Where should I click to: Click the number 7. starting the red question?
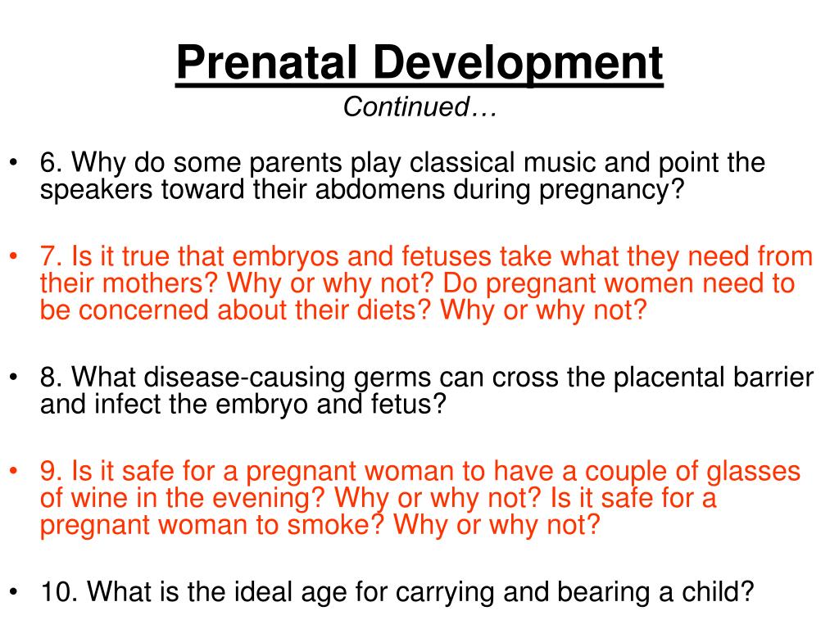click(x=53, y=257)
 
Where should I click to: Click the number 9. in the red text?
click(x=53, y=472)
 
